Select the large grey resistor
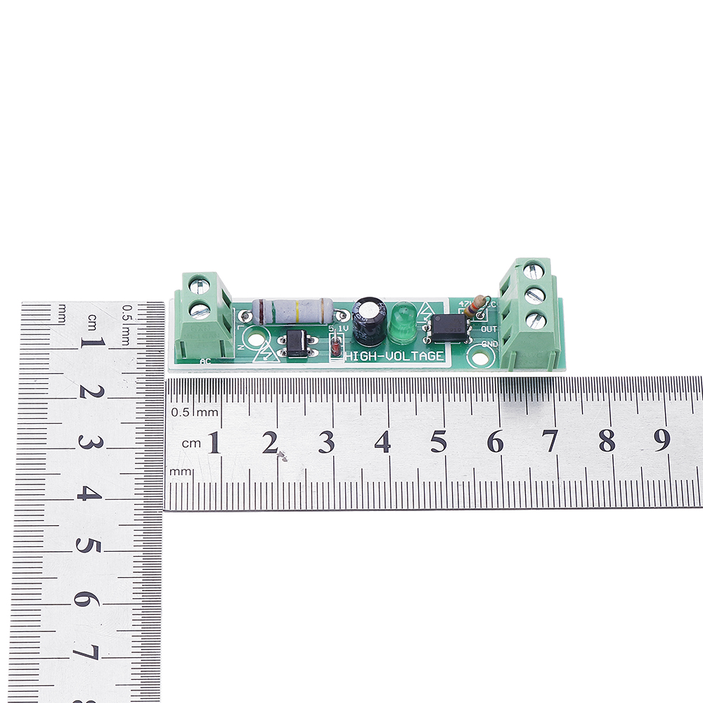(292, 309)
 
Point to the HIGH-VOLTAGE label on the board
(394, 356)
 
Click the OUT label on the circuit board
(489, 329)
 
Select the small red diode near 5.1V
(336, 347)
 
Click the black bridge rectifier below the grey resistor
(297, 342)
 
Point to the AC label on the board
(205, 362)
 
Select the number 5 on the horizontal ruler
(438, 441)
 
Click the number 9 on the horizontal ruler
(662, 440)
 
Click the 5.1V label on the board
(338, 328)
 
